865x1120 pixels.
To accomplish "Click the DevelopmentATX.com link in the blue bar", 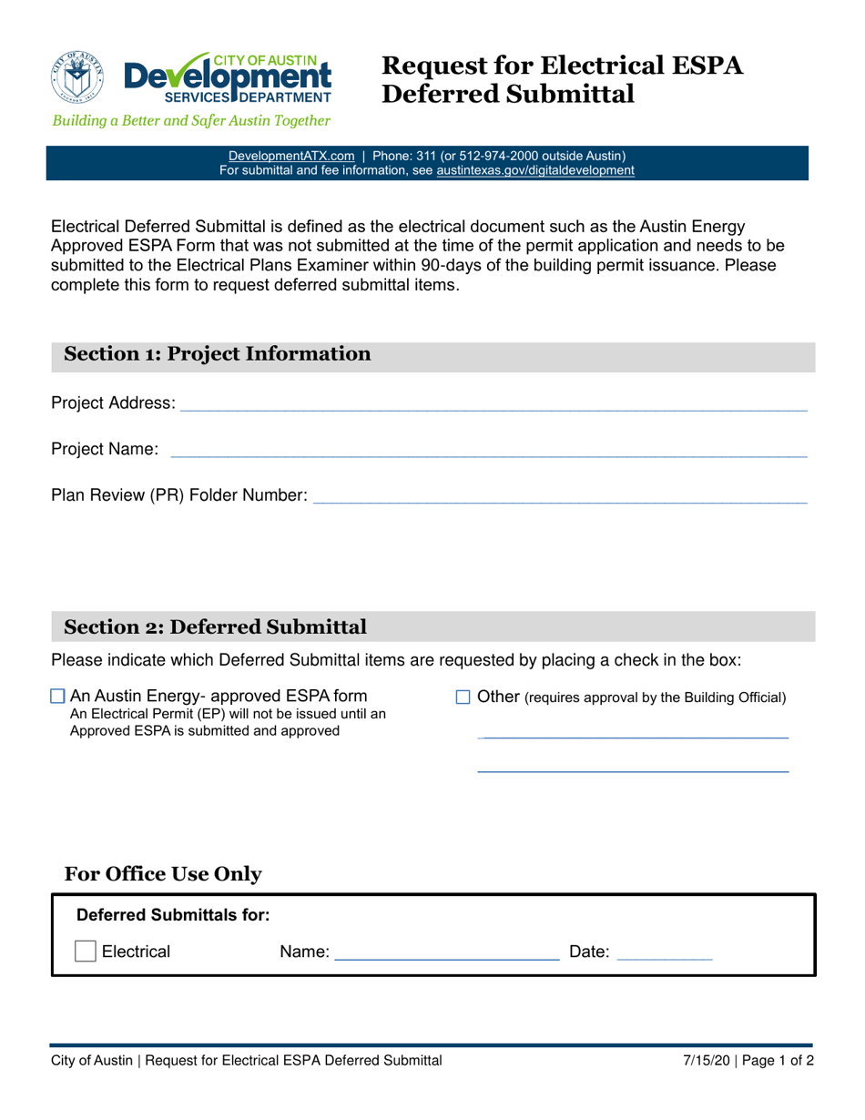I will click(290, 156).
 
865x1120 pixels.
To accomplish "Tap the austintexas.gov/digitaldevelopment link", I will click(535, 170).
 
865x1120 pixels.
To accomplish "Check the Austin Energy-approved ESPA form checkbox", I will click(58, 697).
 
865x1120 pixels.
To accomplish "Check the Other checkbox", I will click(462, 697).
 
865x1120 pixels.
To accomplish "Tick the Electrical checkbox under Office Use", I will click(85, 952).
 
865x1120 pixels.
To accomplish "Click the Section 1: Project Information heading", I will click(218, 354).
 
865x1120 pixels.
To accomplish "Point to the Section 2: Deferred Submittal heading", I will click(216, 626).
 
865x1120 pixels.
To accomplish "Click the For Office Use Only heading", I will click(163, 874).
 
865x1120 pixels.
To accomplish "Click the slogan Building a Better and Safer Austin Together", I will click(190, 120).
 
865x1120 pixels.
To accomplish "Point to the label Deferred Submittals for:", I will click(172, 914).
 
